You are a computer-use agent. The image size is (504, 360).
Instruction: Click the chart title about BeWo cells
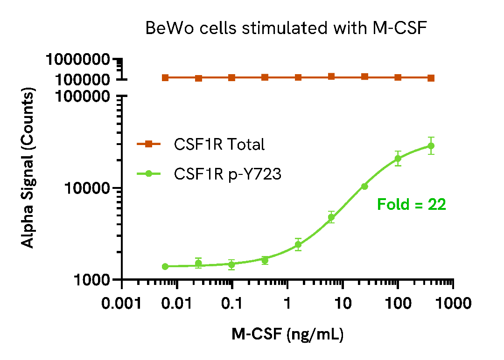tap(287, 28)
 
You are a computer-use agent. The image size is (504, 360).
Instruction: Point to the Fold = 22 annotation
tap(412, 204)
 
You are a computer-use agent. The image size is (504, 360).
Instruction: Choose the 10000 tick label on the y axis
tap(89, 188)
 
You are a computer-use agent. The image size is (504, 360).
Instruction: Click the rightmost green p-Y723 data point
tap(431, 146)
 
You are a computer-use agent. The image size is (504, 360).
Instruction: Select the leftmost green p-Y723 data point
tap(165, 266)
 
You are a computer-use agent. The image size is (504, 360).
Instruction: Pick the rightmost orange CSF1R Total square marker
tap(431, 78)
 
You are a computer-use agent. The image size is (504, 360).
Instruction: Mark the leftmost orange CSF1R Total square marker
tap(165, 77)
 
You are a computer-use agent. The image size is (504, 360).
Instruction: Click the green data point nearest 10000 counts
tap(364, 187)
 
